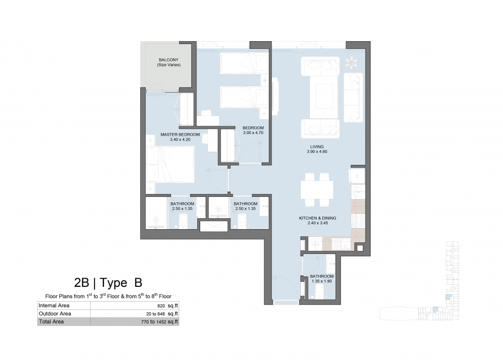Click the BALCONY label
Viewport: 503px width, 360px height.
tap(168, 60)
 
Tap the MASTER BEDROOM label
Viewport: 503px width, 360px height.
tap(180, 135)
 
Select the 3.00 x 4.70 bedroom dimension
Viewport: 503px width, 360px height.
tap(253, 132)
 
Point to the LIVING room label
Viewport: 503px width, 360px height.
tap(317, 147)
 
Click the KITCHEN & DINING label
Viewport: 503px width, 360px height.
tap(318, 218)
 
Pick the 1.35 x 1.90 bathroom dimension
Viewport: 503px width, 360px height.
tap(322, 281)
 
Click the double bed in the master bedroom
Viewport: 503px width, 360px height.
tap(170, 164)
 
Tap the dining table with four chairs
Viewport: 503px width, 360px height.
tap(317, 190)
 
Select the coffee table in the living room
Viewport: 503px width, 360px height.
tap(324, 96)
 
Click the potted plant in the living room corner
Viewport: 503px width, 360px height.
tap(352, 62)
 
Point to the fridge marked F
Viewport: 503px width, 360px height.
tap(357, 176)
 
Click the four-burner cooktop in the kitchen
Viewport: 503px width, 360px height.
tap(358, 220)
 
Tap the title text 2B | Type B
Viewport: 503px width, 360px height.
tap(108, 283)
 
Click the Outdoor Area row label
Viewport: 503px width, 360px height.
tap(55, 313)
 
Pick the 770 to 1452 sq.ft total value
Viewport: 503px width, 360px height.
tap(159, 322)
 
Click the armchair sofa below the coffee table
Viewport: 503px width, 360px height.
tap(320, 129)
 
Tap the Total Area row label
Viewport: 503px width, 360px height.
tap(51, 322)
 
